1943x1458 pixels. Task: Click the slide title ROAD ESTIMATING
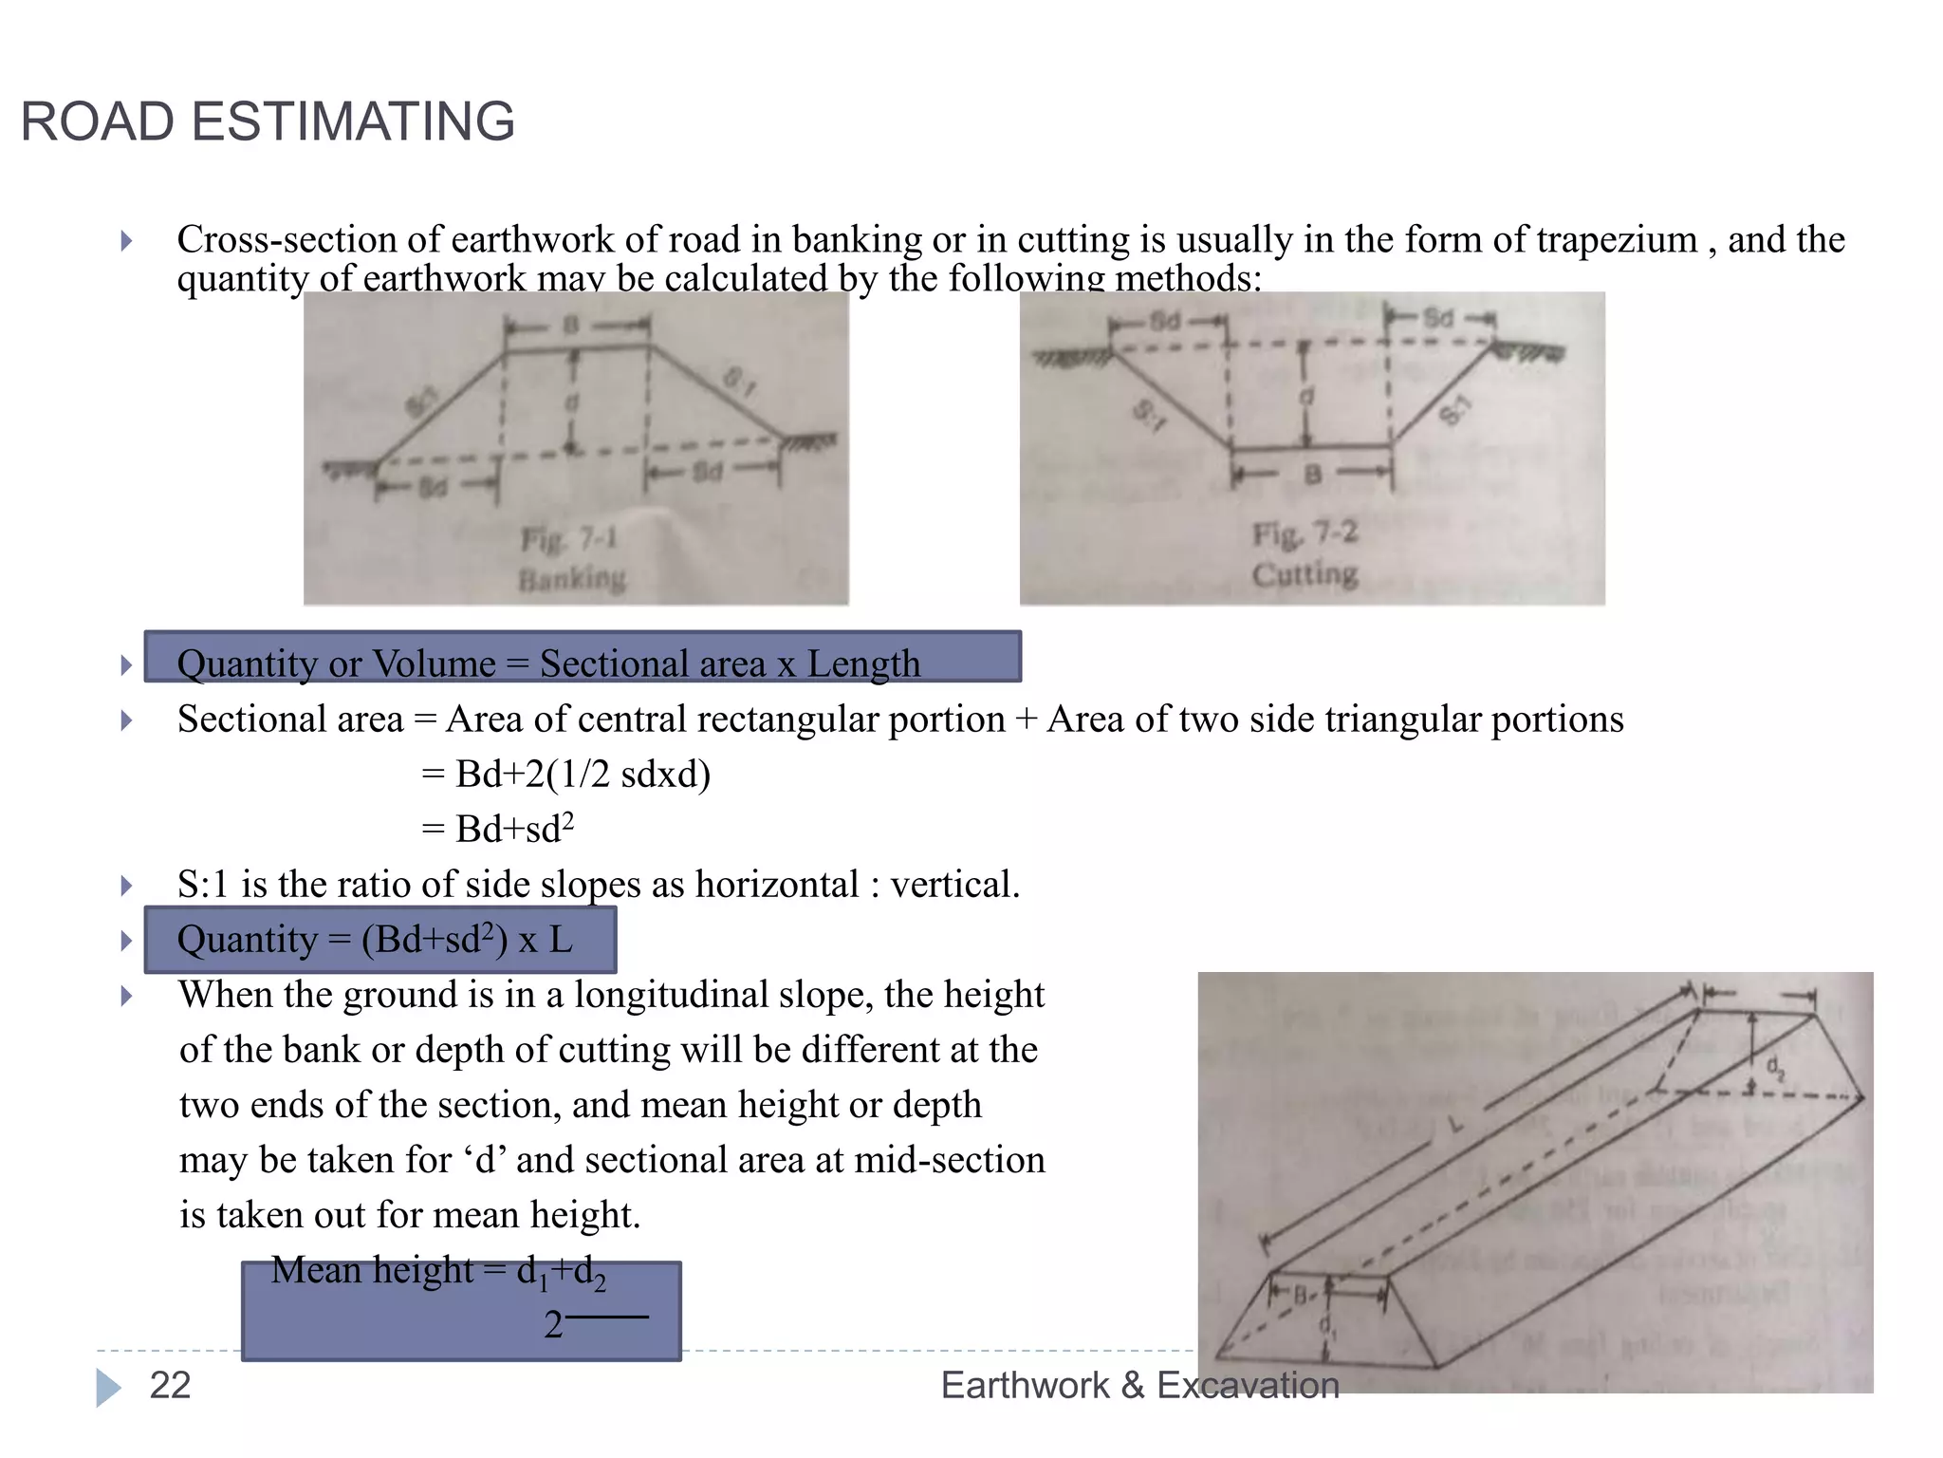point(268,121)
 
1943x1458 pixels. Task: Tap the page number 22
point(170,1385)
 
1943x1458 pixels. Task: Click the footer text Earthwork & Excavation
point(1139,1385)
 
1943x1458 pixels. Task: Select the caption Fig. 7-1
point(569,539)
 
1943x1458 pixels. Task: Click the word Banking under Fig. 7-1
point(572,578)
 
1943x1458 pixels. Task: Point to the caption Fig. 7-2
point(1305,533)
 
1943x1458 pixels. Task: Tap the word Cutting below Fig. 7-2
point(1305,573)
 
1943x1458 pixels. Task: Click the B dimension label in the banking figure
point(571,326)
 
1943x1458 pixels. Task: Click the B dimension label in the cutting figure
point(1312,474)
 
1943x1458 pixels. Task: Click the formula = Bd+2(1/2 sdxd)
point(565,775)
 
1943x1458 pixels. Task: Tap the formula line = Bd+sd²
point(497,829)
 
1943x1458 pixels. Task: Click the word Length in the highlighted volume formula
point(863,664)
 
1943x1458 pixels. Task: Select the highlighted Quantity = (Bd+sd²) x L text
point(376,940)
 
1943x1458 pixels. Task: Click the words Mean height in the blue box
point(372,1270)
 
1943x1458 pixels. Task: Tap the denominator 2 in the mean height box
point(553,1324)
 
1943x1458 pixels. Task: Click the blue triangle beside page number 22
point(108,1387)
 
